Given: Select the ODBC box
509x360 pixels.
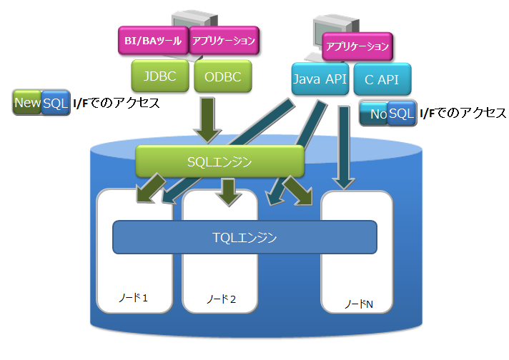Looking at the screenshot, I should pyautogui.click(x=219, y=76).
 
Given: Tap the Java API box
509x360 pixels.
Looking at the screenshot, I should pyautogui.click(x=320, y=79).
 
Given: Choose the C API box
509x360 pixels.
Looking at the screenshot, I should pyautogui.click(x=382, y=79).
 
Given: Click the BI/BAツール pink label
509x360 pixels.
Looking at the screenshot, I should pyautogui.click(x=152, y=41).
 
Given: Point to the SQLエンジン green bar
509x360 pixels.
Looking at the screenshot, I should pyautogui.click(x=220, y=161).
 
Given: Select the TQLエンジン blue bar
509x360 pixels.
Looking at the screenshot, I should pyautogui.click(x=244, y=237).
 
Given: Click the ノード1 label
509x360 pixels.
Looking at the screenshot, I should pyautogui.click(x=134, y=297).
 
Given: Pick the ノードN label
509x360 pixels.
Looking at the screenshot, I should pyautogui.click(x=359, y=304).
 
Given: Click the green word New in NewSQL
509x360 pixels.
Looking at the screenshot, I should pyautogui.click(x=28, y=103).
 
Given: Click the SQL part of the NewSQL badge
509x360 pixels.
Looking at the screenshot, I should pyautogui.click(x=55, y=103).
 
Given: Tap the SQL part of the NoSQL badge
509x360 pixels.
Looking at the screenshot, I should pyautogui.click(x=401, y=113).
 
